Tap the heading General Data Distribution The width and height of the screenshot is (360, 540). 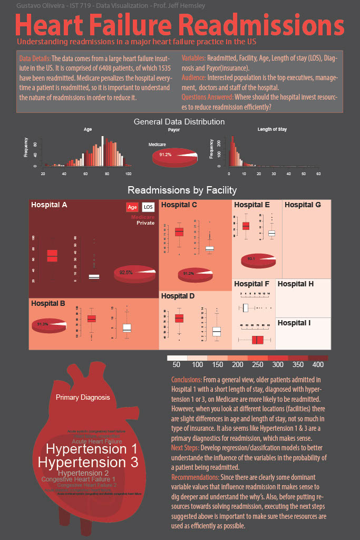pos(179,122)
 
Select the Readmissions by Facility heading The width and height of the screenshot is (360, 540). pos(182,190)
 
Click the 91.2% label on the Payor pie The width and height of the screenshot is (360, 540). pos(166,155)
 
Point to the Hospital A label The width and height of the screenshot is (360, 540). pos(49,205)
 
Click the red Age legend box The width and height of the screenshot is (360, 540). pos(132,207)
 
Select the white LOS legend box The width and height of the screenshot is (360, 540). pos(149,207)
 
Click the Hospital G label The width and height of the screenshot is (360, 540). pos(303,205)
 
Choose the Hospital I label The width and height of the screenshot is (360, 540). pos(294,322)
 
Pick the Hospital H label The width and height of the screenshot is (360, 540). pos(296,284)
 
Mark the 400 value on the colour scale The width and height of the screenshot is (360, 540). pos(318,365)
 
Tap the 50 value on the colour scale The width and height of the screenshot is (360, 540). pos(177,365)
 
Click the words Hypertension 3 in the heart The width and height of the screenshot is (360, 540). pos(88,462)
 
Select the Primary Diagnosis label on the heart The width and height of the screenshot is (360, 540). pos(83,397)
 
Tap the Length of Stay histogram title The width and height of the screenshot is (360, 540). pos(272,129)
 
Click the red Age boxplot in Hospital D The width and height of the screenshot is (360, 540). pos(179,318)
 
